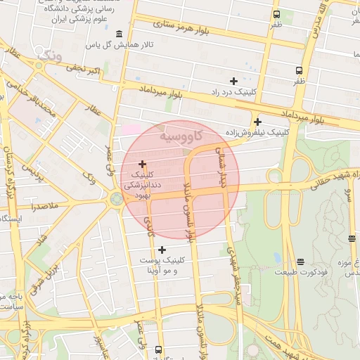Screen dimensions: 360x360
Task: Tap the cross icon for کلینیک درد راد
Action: (233, 82)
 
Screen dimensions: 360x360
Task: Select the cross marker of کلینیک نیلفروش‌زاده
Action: (257, 122)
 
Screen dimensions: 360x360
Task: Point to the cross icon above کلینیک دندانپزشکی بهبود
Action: (143, 163)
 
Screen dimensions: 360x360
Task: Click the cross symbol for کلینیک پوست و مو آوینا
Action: (162, 250)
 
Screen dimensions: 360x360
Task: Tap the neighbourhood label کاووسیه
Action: (181, 135)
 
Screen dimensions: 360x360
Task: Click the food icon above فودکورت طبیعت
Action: (300, 262)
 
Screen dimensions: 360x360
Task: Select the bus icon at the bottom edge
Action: (158, 349)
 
